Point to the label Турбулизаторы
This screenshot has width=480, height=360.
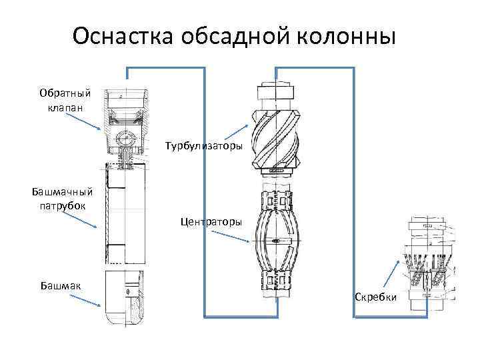203,145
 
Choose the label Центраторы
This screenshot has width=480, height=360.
211,221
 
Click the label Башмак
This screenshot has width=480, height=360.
61,285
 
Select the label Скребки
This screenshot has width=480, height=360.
376,297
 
